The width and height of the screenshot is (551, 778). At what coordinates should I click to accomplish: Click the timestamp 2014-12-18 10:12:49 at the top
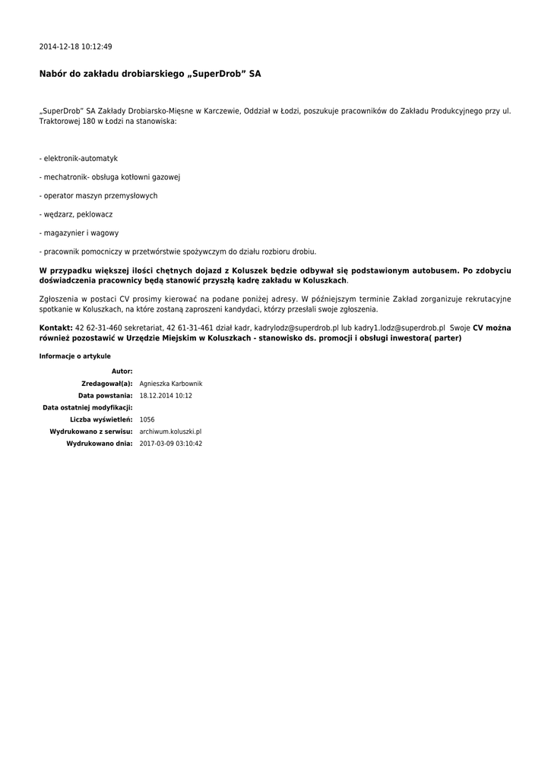[75, 47]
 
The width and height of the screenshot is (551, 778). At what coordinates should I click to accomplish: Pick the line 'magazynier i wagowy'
[80, 233]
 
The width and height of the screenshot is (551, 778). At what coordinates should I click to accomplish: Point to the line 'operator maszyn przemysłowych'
[100, 196]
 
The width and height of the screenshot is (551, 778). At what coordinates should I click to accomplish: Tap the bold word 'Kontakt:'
[55, 328]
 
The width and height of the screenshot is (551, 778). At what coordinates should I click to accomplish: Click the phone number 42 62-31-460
[98, 328]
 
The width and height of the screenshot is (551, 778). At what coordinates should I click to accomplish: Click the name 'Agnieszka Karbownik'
[171, 384]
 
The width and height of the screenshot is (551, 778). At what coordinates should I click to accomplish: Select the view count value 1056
[147, 419]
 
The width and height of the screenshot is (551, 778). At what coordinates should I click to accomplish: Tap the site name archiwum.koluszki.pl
[170, 432]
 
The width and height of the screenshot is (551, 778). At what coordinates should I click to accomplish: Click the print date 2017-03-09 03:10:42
[171, 444]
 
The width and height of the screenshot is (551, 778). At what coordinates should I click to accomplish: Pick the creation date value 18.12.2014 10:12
[166, 396]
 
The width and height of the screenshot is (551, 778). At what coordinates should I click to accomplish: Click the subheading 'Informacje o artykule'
[74, 356]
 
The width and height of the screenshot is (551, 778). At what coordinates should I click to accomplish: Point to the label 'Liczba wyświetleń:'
[101, 419]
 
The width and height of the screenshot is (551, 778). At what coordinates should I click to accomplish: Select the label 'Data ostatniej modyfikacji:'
[87, 408]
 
